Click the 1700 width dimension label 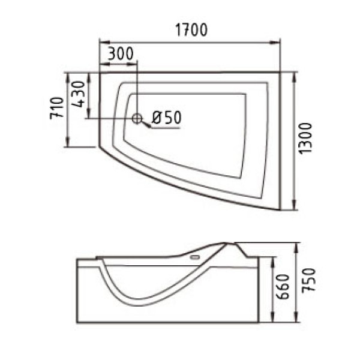(x=191, y=30)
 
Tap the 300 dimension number (x=121, y=53)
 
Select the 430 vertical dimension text (x=78, y=94)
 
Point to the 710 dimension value (x=57, y=108)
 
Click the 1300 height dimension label (x=306, y=138)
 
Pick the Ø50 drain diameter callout (x=167, y=118)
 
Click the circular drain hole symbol (x=137, y=118)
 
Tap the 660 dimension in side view (x=283, y=287)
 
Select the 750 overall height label (x=309, y=280)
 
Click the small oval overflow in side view (x=195, y=257)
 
